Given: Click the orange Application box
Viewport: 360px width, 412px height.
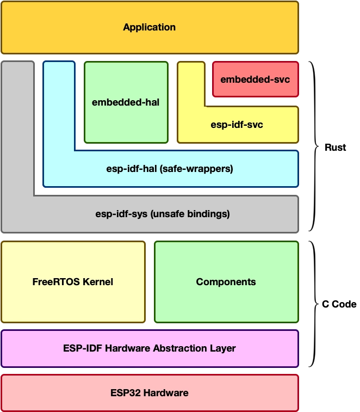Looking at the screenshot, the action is tap(150, 28).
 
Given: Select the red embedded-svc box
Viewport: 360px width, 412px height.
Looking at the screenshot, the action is tap(256, 79).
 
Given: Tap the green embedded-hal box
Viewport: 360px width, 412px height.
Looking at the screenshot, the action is tap(126, 102).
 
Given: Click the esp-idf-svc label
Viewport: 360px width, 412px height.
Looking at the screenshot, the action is tap(237, 125).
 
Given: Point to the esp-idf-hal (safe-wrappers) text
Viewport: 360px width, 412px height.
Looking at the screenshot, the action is tap(170, 169).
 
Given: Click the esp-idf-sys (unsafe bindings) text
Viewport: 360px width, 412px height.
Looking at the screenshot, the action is tap(163, 214).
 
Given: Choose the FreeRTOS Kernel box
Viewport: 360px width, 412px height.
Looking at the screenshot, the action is tap(73, 282).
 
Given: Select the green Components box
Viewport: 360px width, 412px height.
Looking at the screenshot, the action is tap(226, 282).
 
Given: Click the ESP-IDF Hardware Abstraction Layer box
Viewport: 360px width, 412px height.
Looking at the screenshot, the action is tap(150, 348).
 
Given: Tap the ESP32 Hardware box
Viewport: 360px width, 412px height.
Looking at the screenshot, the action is tap(150, 393).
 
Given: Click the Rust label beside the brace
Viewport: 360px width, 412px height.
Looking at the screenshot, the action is tap(336, 147).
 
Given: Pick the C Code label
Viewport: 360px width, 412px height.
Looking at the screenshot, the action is tap(339, 304).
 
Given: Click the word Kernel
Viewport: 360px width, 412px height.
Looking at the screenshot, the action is tap(98, 282).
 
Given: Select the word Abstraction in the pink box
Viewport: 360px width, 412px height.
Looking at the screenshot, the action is tap(180, 348).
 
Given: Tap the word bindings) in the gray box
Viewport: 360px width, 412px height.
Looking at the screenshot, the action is tap(208, 214).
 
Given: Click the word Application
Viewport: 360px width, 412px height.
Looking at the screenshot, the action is tap(150, 27).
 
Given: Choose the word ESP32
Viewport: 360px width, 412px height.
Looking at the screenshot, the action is tap(126, 393).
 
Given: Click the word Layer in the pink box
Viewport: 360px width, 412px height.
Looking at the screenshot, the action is tap(222, 349).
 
